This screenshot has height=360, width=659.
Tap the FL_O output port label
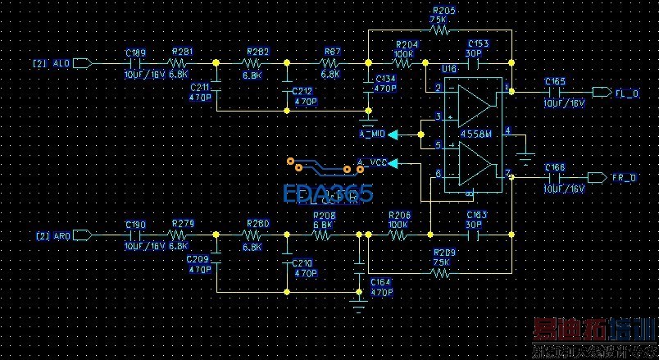point(627,93)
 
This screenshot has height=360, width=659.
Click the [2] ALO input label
point(50,63)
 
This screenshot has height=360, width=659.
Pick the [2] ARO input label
point(50,235)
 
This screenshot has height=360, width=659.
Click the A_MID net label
point(371,134)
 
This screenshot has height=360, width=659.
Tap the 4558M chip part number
point(476,133)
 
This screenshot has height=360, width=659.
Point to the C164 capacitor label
point(382,281)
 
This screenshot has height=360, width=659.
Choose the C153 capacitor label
point(478,43)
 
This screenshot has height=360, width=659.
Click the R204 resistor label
point(407,43)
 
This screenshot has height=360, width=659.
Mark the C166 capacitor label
point(555,167)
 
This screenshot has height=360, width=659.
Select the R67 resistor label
point(332,52)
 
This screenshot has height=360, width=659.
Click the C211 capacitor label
point(200,86)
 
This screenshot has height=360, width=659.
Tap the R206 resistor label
point(399,215)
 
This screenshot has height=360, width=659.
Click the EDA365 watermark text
point(328,194)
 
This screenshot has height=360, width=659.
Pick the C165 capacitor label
point(555,81)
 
